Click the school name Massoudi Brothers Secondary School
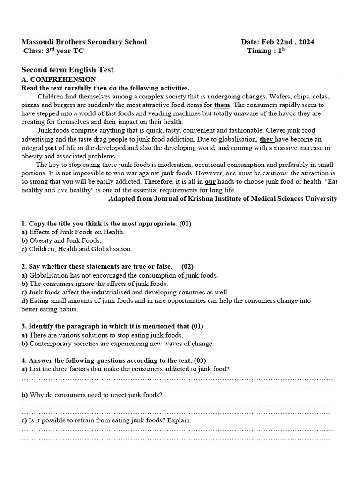pos(84,42)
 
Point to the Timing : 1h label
pos(266,51)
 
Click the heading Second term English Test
pos(67,70)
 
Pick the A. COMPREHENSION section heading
pos(59,80)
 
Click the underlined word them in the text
pos(222,105)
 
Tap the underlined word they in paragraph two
pos(266,139)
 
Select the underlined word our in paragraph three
pos(210,182)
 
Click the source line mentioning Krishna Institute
pos(223,198)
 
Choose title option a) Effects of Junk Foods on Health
pos(73,232)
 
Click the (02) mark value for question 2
pos(187,266)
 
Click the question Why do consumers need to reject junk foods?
pos(92,395)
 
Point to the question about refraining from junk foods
pos(106,420)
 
